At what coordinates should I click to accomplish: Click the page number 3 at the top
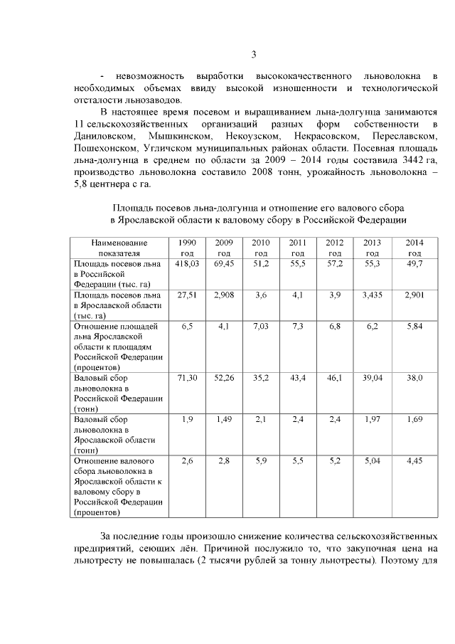pos(254,56)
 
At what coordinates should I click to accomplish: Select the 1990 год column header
pos(187,248)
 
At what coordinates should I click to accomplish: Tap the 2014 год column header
pos(414,248)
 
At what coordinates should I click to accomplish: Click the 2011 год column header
pos(298,248)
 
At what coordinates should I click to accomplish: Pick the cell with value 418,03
pos(187,263)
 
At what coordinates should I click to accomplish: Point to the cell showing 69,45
pos(224,263)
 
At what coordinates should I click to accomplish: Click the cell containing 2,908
pos(224,295)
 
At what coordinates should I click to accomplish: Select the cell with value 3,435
pos(372,295)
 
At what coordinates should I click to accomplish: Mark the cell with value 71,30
pos(187,378)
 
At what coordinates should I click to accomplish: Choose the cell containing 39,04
pos(372,378)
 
